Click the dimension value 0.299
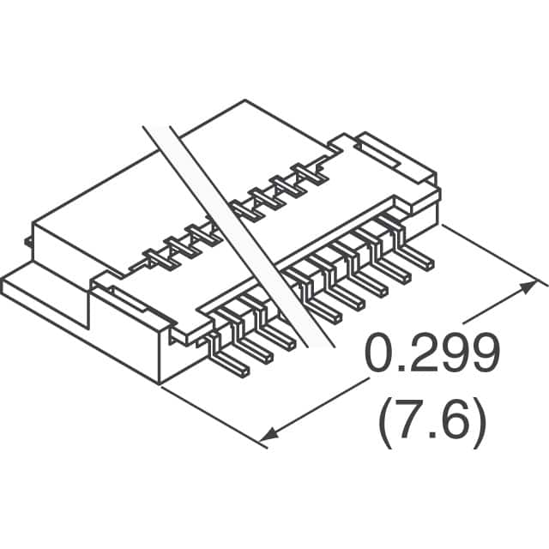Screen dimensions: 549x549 click(431, 353)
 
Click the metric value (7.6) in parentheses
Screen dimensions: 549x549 click(432, 428)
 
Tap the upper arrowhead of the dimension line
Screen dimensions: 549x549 click(527, 288)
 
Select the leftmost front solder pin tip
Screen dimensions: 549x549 click(244, 372)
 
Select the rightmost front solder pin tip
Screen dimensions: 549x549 click(429, 265)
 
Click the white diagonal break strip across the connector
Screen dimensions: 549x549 click(238, 237)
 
